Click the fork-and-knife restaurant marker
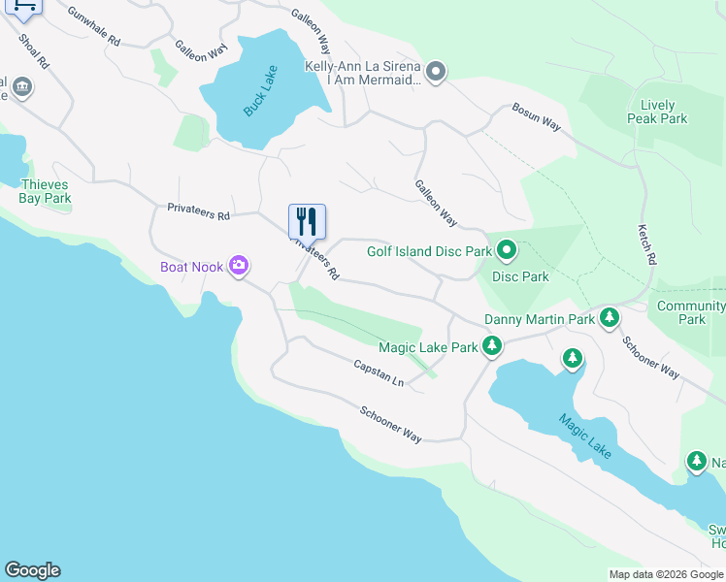pos(307,222)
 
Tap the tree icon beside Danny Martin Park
pos(609,317)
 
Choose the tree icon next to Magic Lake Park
pos(492,345)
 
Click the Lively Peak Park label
pos(664,112)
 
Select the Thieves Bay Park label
pos(45,191)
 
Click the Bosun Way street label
pos(537,117)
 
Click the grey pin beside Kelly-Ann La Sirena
pos(436,71)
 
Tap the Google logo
pos(32,570)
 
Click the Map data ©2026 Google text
pos(665,574)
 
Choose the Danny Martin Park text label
pos(539,319)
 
